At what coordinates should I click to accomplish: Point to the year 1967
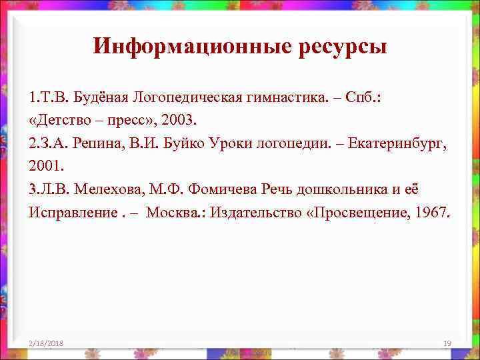(434, 212)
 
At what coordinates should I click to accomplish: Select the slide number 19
(447, 343)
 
